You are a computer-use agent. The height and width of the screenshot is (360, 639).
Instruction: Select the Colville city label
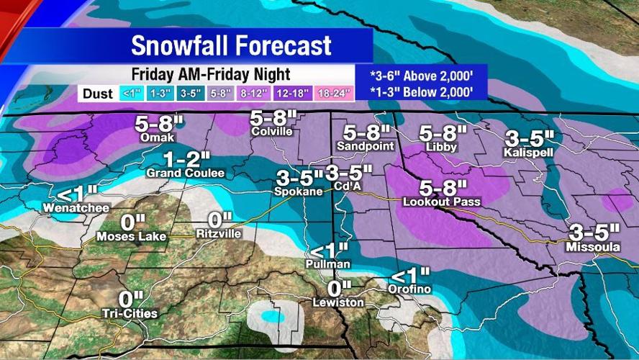click(272, 132)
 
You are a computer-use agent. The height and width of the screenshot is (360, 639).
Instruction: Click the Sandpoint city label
click(366, 146)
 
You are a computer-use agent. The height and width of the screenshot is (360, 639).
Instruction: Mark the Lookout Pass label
click(441, 202)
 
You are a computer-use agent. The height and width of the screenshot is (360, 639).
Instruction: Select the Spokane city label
click(296, 192)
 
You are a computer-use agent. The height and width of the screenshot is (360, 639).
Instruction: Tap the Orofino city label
click(411, 289)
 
